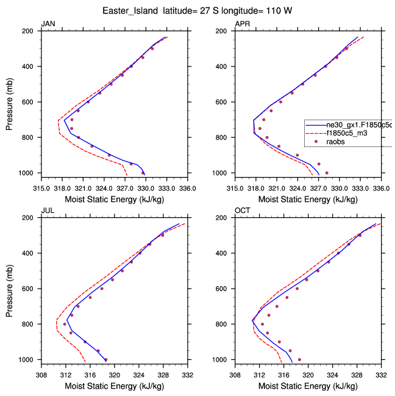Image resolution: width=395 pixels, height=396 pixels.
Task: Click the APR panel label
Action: tap(242, 24)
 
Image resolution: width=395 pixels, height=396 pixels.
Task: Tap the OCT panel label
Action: tap(242, 211)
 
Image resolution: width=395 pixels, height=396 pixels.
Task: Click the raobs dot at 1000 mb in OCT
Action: tap(299, 359)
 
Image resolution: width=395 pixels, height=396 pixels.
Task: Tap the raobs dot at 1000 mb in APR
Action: tap(327, 173)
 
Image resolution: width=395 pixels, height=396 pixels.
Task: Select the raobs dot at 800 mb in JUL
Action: tap(65, 324)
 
